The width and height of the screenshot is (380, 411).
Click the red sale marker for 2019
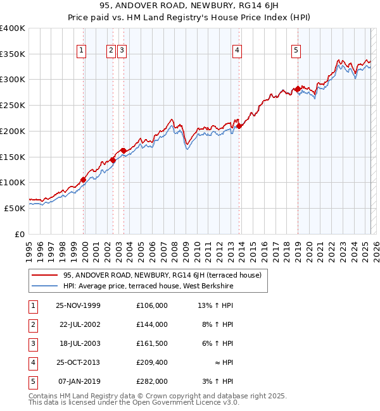tap(297, 89)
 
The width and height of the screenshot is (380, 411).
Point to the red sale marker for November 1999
tap(83, 180)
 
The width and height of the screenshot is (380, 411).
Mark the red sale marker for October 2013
tap(239, 126)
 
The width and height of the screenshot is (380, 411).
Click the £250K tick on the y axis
tap(13, 105)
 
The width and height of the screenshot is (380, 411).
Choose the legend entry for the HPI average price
tap(148, 286)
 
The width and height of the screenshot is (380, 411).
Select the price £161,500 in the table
tap(151, 343)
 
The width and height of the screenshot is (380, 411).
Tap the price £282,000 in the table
tap(151, 381)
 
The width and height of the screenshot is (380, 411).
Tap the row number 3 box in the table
tap(32, 343)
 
